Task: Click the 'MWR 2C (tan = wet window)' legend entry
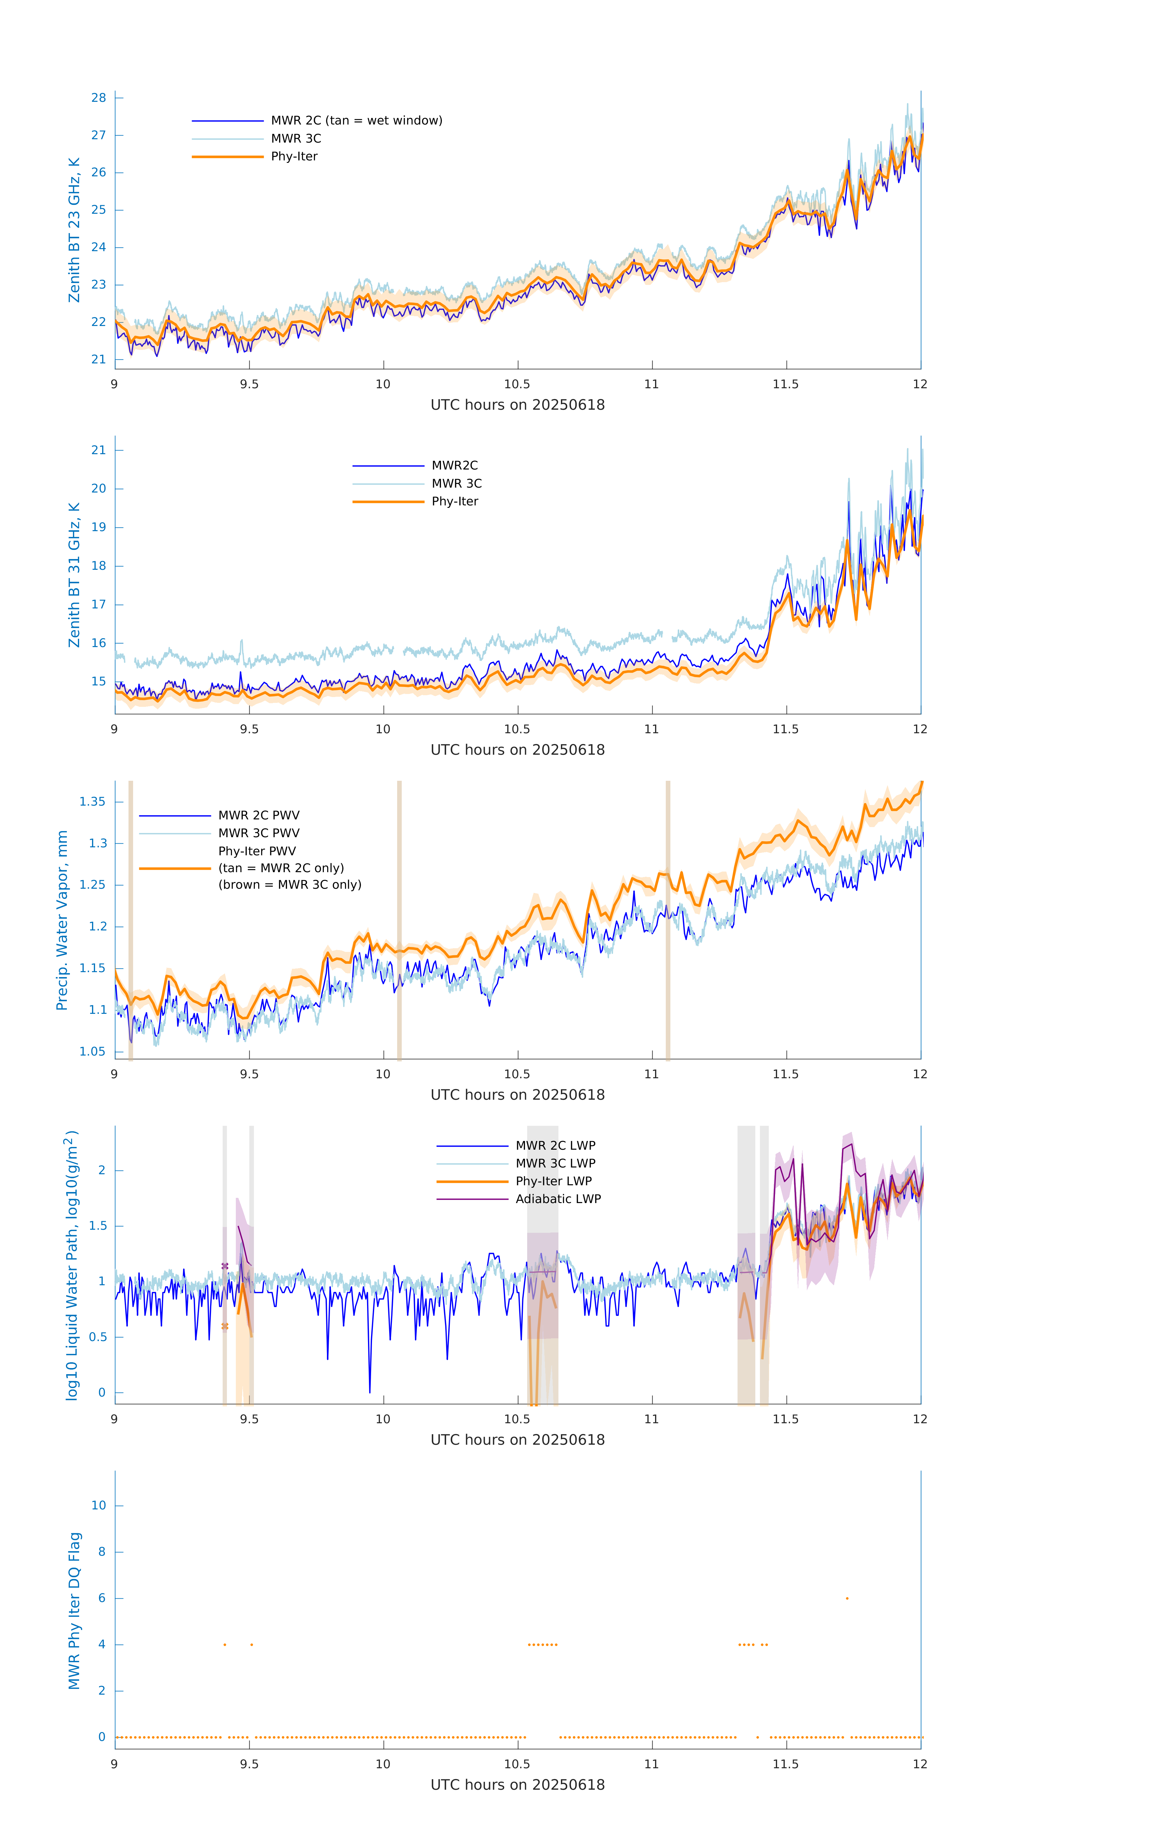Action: click(x=356, y=121)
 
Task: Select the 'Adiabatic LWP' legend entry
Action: click(x=558, y=1199)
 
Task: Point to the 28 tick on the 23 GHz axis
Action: click(x=98, y=98)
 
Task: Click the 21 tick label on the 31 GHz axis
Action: click(x=98, y=450)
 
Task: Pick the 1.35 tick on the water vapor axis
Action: click(x=93, y=802)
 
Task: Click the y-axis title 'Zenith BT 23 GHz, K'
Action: click(x=74, y=230)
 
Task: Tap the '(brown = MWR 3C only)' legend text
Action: click(x=289, y=885)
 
